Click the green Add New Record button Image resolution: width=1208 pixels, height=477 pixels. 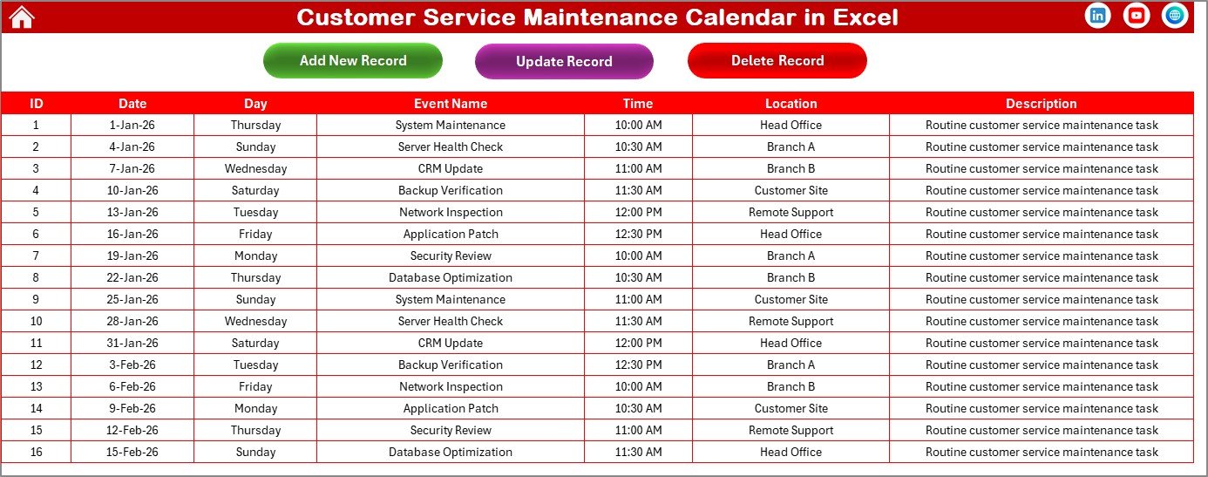(x=353, y=61)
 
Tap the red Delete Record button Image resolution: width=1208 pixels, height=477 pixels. (x=777, y=61)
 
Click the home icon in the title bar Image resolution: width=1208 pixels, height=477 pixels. (x=21, y=17)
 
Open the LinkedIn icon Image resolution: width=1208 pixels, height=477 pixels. (x=1098, y=16)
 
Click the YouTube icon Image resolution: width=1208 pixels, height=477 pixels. (x=1137, y=16)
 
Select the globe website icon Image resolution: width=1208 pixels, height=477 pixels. (x=1175, y=16)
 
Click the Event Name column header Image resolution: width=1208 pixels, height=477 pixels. (x=451, y=104)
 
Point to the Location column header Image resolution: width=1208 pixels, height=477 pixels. (x=791, y=104)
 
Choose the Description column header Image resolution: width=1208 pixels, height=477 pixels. (x=1042, y=104)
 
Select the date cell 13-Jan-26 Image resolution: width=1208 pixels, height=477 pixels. (x=132, y=212)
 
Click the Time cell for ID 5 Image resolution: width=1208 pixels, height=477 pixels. (x=638, y=212)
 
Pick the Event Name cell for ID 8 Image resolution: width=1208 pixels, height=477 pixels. (x=451, y=277)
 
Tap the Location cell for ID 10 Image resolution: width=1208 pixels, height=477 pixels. (x=791, y=321)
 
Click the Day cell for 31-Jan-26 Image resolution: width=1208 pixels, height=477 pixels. (x=255, y=343)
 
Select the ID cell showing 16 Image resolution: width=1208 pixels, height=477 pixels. (x=36, y=452)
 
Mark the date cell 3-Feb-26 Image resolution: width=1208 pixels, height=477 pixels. (x=132, y=365)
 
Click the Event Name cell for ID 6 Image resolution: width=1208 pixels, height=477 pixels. (x=451, y=234)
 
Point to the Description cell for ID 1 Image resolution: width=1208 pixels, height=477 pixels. (x=1042, y=125)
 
